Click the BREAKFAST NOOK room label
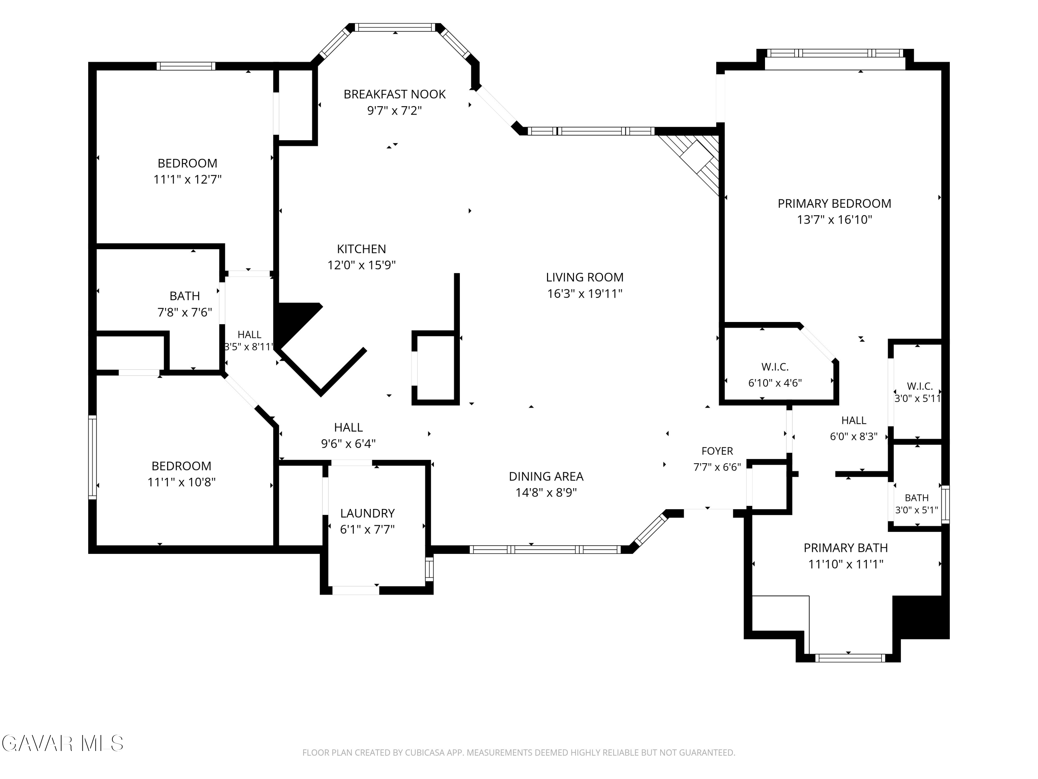pos(395,95)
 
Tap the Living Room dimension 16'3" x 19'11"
pos(585,294)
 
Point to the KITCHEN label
pos(361,249)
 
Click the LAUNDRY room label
pos(367,513)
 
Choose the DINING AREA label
pos(546,477)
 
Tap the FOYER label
pos(717,451)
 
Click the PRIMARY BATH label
pos(846,548)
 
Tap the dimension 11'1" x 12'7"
pos(187,180)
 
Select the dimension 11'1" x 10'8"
pos(181,482)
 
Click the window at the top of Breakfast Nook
pos(395,28)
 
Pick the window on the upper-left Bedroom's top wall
pos(186,66)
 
